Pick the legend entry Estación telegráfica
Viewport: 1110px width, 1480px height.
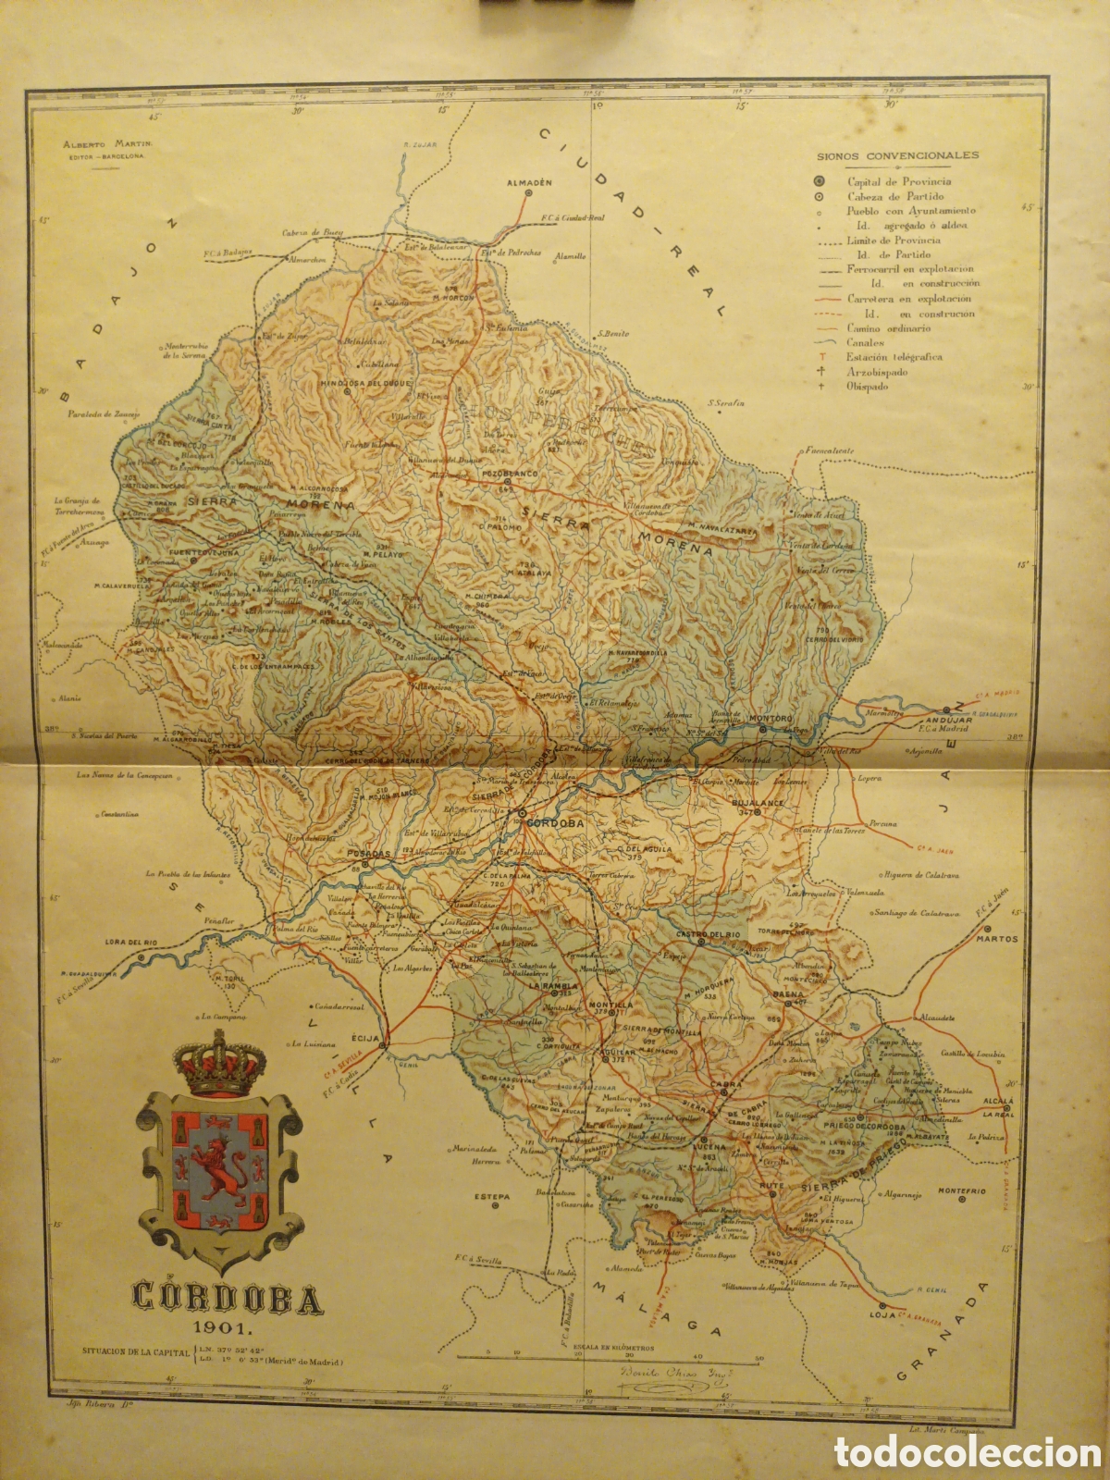[x=894, y=356]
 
